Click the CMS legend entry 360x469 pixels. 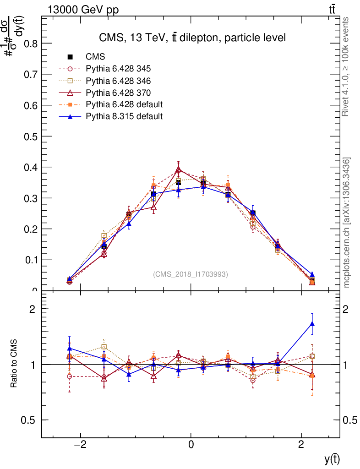tap(95, 57)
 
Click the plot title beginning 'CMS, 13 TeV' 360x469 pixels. tap(192, 38)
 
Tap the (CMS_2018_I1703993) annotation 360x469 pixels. tap(191, 274)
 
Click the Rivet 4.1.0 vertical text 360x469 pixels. tap(346, 67)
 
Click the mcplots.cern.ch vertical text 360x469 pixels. tap(347, 223)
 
